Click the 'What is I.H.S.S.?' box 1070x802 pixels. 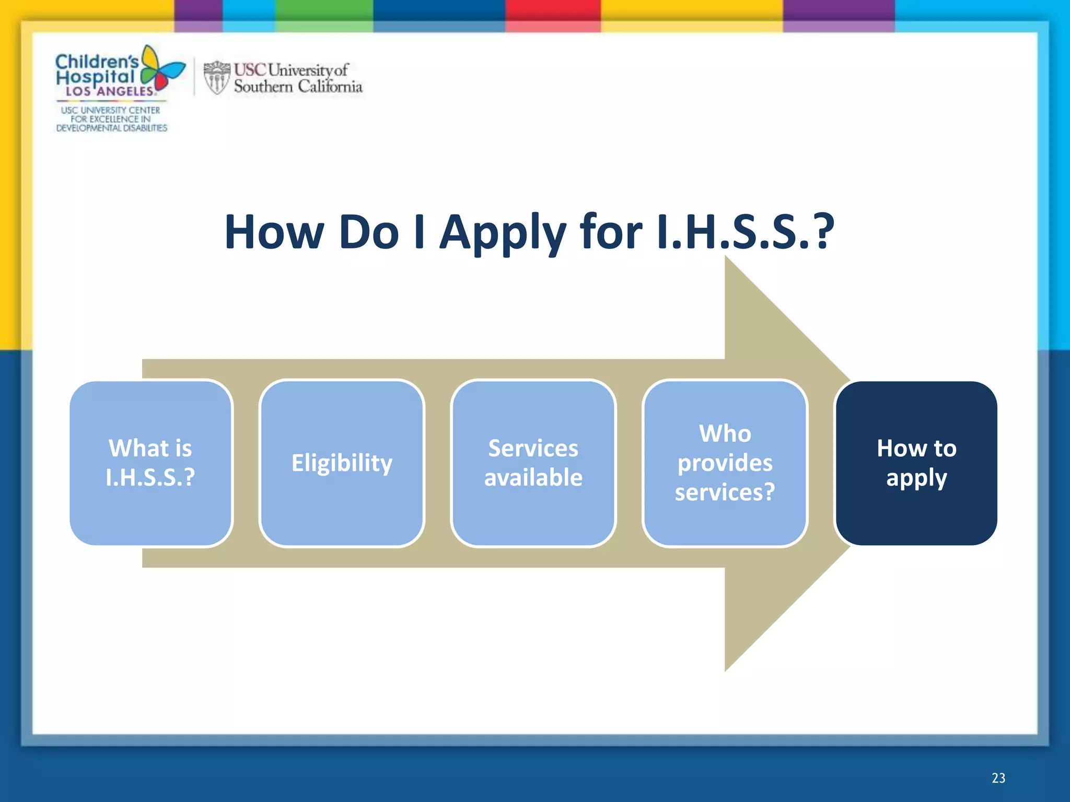point(150,463)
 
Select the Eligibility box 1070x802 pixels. point(342,463)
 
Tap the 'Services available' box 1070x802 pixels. point(533,463)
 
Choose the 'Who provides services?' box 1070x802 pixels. point(725,463)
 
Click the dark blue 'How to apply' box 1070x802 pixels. point(916,463)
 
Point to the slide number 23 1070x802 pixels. point(998,778)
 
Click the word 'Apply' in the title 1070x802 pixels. point(503,233)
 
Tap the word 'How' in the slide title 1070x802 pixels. point(274,233)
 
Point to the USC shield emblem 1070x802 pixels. point(216,78)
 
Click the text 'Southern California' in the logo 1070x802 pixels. point(298,87)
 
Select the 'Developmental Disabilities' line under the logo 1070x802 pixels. point(111,128)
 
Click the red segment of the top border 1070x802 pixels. point(552,13)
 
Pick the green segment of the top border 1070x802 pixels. point(324,13)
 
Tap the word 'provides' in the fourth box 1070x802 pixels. point(725,463)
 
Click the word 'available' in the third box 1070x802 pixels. point(533,478)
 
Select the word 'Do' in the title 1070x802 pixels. point(369,233)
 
